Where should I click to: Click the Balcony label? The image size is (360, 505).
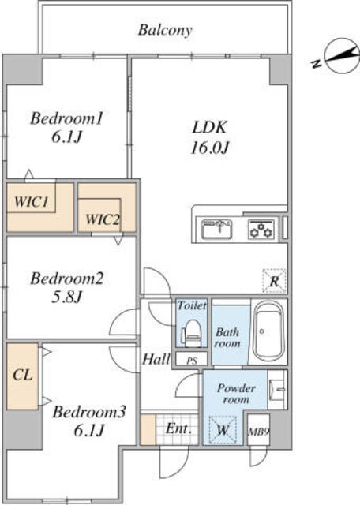[165, 30]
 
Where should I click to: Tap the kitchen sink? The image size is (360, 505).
[216, 229]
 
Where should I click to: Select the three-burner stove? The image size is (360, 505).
[261, 229]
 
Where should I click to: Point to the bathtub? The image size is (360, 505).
[268, 331]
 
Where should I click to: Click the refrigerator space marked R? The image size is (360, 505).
[274, 281]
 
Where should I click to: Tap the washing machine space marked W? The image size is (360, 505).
[223, 430]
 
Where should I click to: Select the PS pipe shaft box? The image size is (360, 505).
[191, 359]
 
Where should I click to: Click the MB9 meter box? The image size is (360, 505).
[258, 430]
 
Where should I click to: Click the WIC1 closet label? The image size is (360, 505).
[32, 202]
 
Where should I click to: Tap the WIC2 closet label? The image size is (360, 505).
[102, 220]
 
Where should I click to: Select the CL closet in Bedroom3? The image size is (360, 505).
[23, 376]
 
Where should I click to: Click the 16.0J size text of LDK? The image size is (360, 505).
[210, 148]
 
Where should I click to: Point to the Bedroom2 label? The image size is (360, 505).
[67, 279]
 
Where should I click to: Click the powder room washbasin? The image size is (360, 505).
[277, 389]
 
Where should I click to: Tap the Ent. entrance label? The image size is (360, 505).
[178, 428]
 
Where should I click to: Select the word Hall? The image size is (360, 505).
[156, 359]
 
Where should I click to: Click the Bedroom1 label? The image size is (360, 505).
[67, 118]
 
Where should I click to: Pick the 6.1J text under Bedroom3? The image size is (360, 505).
[89, 430]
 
